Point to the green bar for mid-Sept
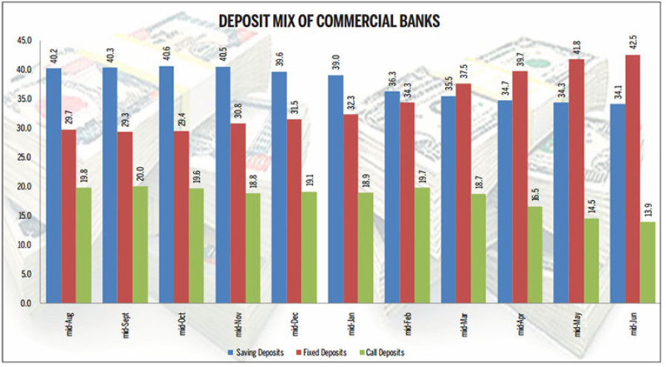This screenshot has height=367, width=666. [x=140, y=244]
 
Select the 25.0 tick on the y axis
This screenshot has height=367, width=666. [x=24, y=158]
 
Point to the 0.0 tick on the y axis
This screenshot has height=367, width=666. [x=26, y=303]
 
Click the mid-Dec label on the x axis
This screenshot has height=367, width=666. [x=293, y=325]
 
